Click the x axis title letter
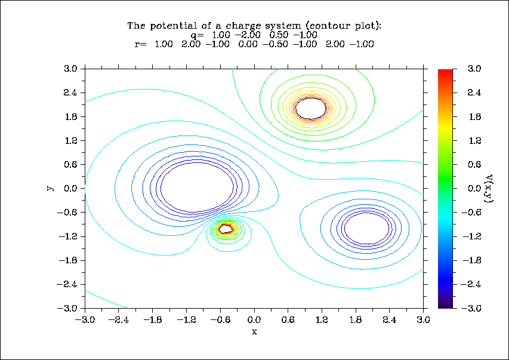(x=254, y=331)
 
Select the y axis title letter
(x=51, y=188)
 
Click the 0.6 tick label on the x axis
(x=288, y=318)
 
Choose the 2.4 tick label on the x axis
(x=390, y=318)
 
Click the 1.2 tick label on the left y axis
(x=72, y=141)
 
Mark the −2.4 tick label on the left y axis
(x=69, y=284)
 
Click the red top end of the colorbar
(x=445, y=72)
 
